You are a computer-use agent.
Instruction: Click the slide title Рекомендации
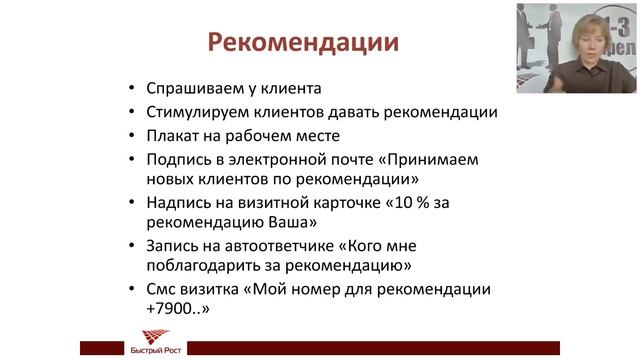point(302,44)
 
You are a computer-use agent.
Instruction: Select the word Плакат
point(172,136)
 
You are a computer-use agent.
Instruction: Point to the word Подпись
point(177,159)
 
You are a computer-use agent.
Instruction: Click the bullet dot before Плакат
point(134,136)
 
